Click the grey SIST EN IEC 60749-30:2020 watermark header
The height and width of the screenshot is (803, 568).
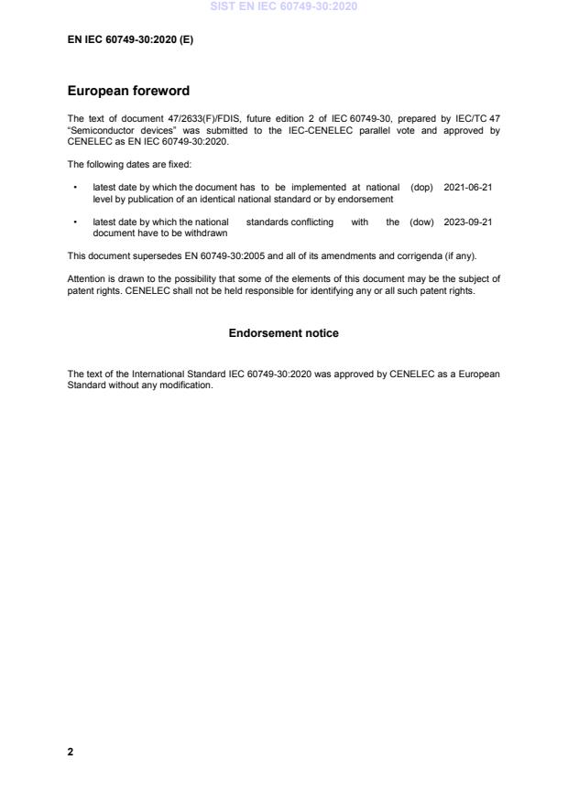284,6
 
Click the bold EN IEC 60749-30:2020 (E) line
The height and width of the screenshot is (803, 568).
131,40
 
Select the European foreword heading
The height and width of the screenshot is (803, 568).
128,92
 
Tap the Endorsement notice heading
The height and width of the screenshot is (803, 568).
283,333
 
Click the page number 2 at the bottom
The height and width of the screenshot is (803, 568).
71,752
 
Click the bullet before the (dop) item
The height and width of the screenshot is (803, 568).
74,187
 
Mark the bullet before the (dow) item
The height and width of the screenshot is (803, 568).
74,222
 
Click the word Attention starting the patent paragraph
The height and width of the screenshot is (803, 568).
87,277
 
